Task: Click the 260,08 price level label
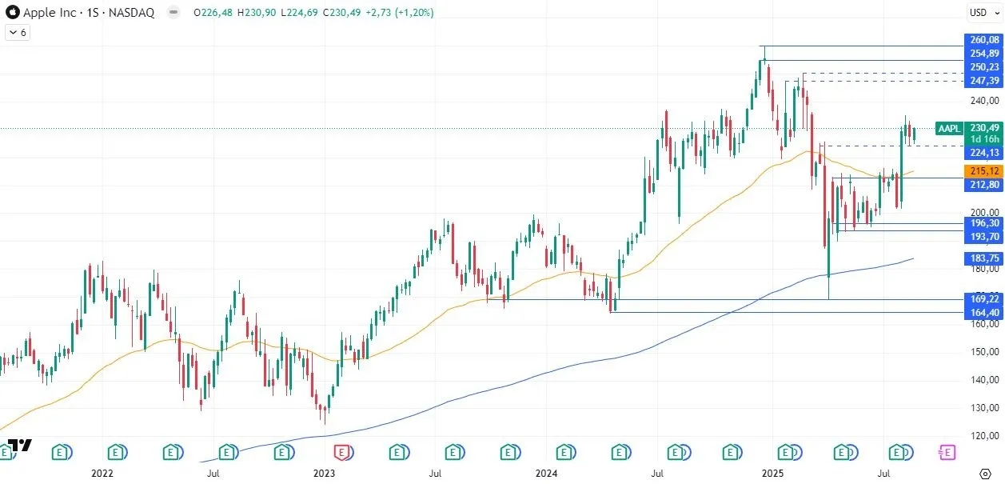pos(984,40)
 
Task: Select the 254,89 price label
pos(984,54)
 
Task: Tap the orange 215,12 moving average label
pos(984,171)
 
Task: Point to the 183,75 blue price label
pos(984,258)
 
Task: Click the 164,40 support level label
pos(984,313)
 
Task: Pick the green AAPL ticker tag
pos(948,128)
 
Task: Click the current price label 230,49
pos(984,128)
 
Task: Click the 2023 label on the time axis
pos(324,474)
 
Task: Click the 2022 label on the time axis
pos(102,474)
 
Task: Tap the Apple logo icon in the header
pos(12,12)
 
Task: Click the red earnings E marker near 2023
pos(342,453)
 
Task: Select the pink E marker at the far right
pos(947,453)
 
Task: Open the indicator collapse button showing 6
pos(17,33)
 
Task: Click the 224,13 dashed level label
pos(984,153)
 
